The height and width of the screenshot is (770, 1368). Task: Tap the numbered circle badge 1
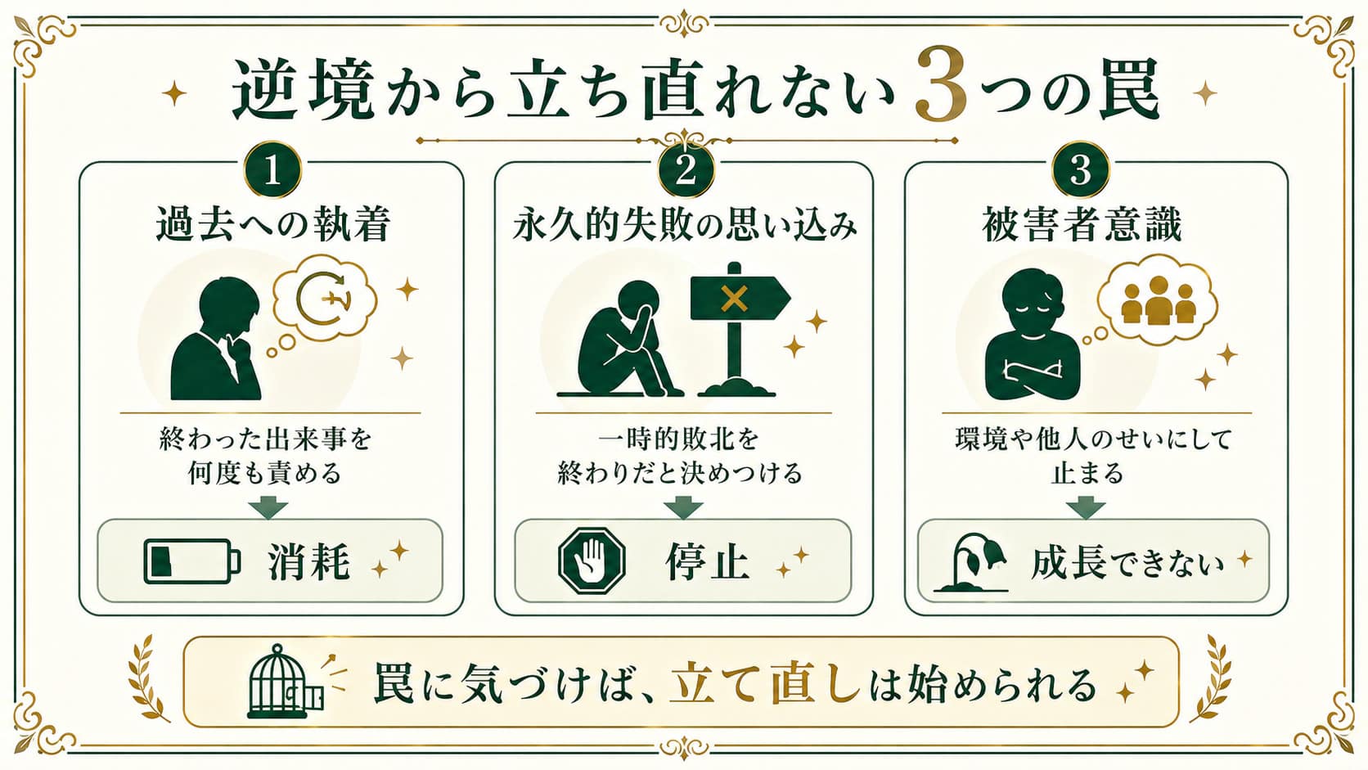click(272, 169)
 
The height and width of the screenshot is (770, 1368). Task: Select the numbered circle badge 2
click(686, 169)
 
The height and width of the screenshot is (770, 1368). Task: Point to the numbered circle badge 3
click(1080, 169)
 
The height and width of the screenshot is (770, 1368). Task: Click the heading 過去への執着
click(273, 225)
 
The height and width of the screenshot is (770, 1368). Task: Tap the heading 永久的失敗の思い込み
click(685, 225)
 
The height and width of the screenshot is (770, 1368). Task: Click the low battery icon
click(192, 561)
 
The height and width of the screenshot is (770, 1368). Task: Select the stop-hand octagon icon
click(592, 561)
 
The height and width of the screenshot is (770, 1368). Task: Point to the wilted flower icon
click(971, 562)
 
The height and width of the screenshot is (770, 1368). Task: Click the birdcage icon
click(286, 682)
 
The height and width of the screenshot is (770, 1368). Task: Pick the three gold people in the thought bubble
click(1158, 300)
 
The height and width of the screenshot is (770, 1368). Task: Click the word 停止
click(708, 561)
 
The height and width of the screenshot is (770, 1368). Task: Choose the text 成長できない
click(1127, 562)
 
